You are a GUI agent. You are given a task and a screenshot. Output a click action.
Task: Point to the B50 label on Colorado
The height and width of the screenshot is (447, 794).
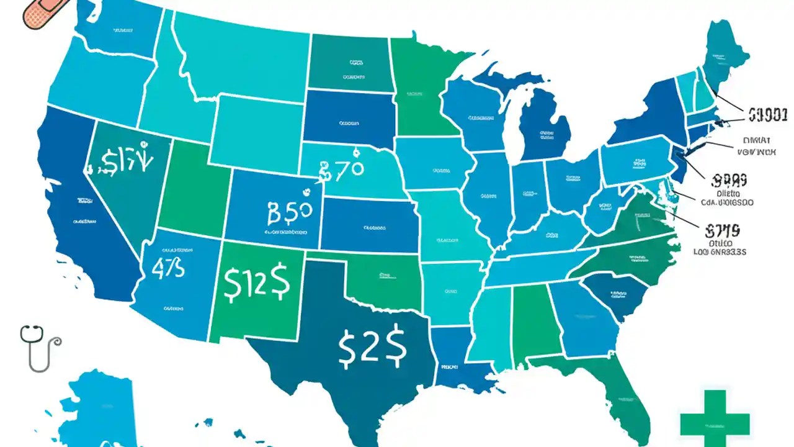click(288, 213)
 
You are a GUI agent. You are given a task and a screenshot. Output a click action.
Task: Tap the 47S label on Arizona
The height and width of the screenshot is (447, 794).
click(167, 268)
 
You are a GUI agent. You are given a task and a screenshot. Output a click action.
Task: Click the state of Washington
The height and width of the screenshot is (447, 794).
click(118, 31)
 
